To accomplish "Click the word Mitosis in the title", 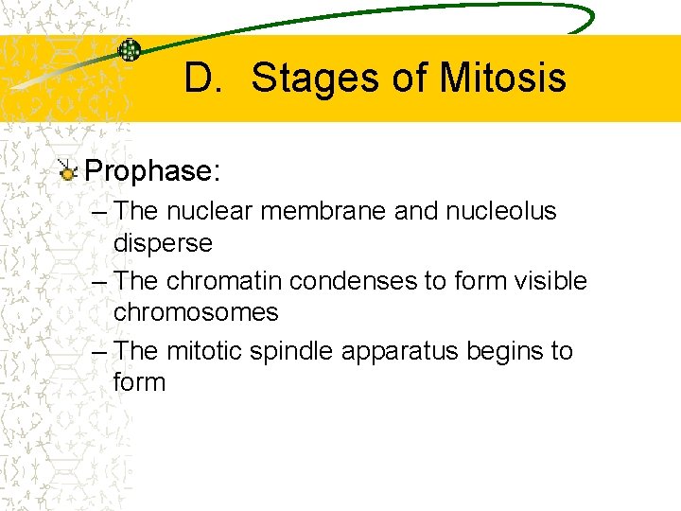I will (x=501, y=78).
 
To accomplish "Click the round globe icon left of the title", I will (x=129, y=50).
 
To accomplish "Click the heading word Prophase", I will (x=151, y=171).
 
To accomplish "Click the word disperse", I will (x=163, y=242).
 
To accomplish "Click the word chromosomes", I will (x=195, y=312).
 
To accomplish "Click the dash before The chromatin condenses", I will (x=100, y=281).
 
